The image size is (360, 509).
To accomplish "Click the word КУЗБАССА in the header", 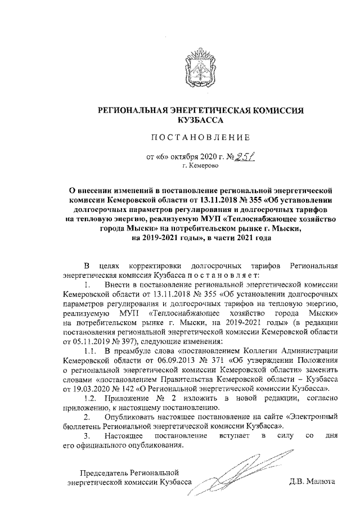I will point(200,120).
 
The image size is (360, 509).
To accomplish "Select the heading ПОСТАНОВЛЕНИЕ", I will point(200,138).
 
